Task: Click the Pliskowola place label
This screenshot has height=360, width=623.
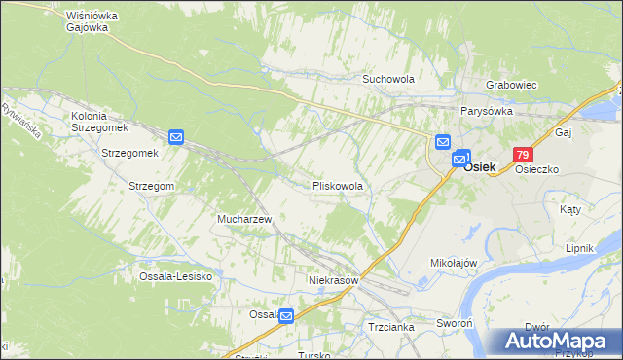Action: coord(338,185)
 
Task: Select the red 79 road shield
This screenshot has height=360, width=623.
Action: coord(524,155)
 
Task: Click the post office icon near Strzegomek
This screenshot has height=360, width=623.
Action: coord(176,138)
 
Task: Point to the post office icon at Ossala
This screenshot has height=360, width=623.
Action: coord(286,316)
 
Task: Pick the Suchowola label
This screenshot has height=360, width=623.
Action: coord(388,79)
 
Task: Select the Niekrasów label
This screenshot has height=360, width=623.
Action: coord(334,279)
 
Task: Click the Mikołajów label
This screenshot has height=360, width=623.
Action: coord(453,263)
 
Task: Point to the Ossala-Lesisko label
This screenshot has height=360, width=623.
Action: coord(176,276)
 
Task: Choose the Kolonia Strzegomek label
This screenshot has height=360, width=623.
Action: coord(100,122)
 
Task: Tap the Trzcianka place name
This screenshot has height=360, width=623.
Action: coord(391,327)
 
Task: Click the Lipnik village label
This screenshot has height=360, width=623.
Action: coord(579,248)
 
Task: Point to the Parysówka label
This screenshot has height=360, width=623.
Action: coord(488,111)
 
